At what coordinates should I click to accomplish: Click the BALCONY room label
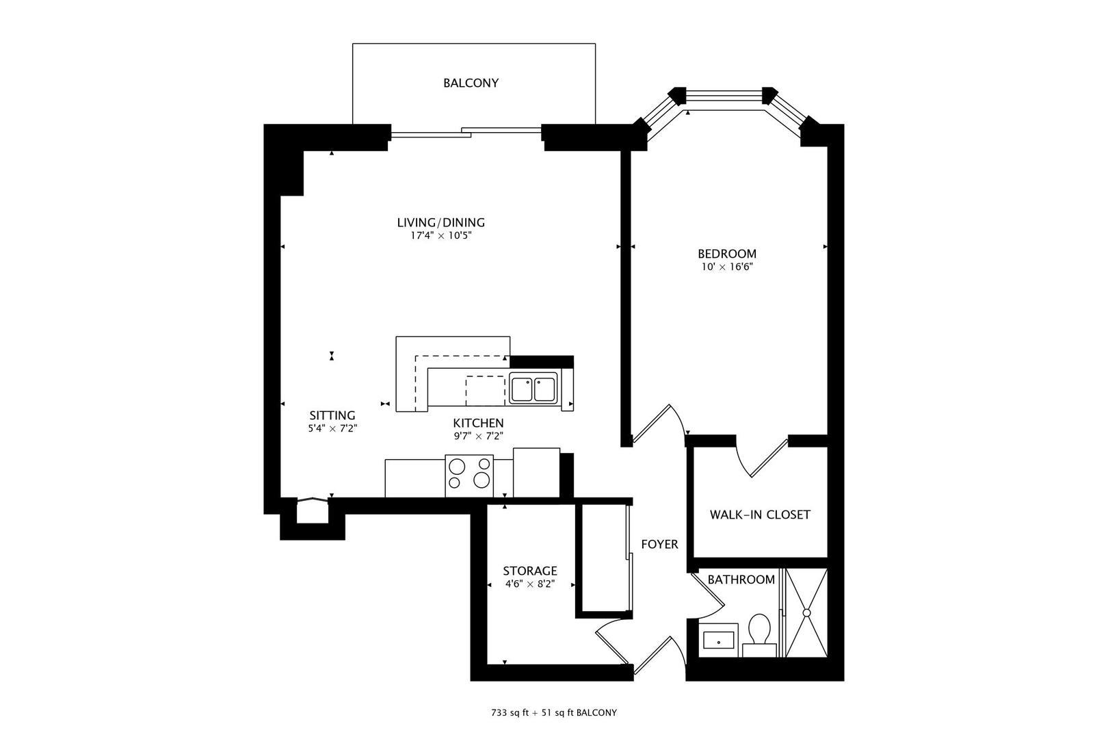pos(471,83)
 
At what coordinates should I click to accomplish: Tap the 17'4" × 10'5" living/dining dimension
pos(440,235)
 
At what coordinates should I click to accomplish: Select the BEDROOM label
pos(726,254)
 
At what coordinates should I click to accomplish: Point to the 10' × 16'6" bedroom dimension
pos(726,267)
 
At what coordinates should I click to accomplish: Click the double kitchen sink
pos(533,389)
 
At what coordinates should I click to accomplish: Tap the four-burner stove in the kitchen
pos(469,476)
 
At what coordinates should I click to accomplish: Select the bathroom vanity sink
pos(718,641)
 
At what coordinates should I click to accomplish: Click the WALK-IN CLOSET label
pos(759,515)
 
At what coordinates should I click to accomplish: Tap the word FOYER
pos(659,544)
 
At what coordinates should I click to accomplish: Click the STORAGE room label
pos(529,571)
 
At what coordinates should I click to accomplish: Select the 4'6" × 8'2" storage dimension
pos(529,584)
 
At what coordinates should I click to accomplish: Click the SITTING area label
pos(332,415)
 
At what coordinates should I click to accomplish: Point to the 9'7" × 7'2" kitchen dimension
pos(478,436)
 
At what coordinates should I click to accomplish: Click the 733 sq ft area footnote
pos(553,712)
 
